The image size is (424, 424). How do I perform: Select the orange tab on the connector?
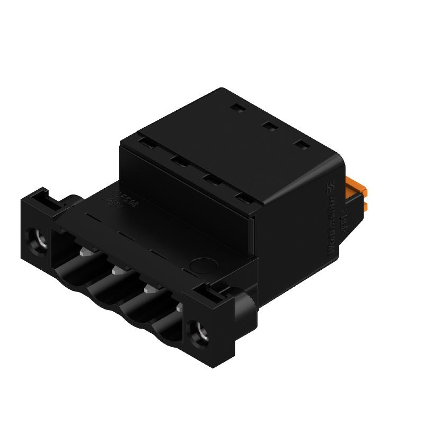click(356, 188)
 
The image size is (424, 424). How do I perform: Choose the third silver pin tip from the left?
click(148, 289)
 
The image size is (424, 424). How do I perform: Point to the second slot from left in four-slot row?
click(178, 160)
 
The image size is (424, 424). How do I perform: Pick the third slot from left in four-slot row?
click(211, 179)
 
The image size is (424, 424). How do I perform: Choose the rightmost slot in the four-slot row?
click(244, 198)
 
